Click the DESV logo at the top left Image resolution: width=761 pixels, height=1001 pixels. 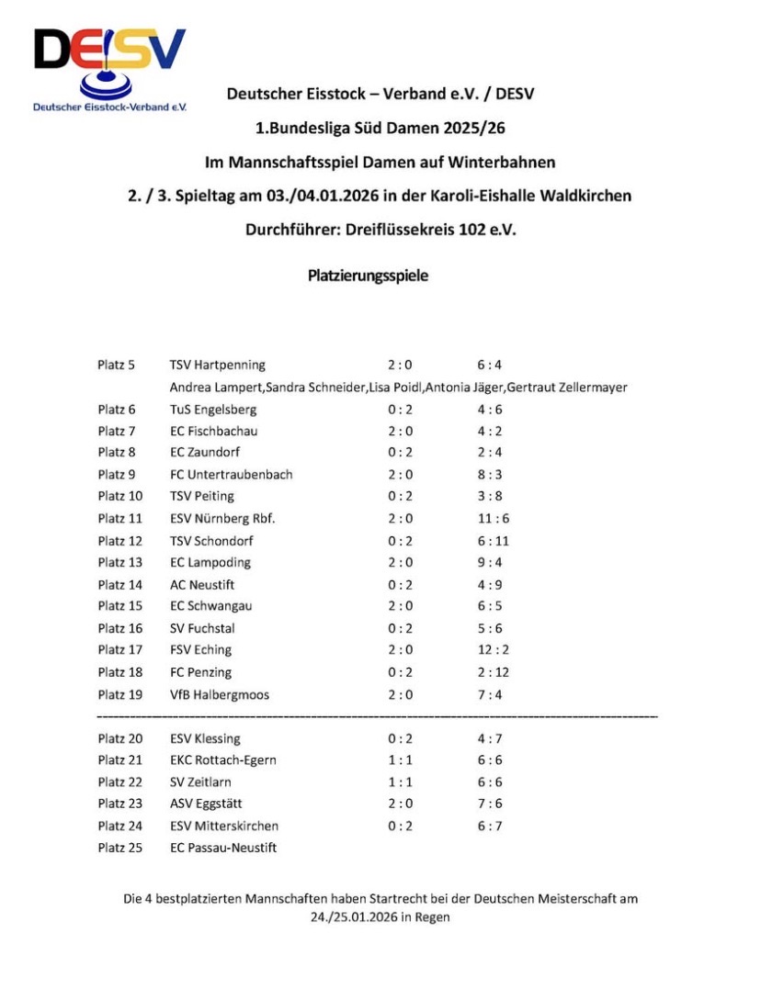109,69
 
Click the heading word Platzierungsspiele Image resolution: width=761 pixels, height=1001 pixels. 368,275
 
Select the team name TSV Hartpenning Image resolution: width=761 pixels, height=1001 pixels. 218,366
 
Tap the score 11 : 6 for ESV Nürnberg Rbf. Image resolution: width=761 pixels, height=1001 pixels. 482,519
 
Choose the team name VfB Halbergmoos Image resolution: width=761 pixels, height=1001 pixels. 220,694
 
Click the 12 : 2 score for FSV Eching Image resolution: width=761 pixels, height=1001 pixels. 482,650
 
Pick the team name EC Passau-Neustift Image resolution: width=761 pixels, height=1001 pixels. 223,848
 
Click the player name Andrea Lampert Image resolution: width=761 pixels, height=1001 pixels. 215,388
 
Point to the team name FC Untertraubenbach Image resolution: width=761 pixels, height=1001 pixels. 232,475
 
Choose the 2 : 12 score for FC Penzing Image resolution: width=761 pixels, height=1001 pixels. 482,672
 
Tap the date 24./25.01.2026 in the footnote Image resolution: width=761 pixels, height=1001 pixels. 347,917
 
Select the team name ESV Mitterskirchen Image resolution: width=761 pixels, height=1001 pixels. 224,826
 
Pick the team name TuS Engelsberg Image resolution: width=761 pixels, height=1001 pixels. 213,410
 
